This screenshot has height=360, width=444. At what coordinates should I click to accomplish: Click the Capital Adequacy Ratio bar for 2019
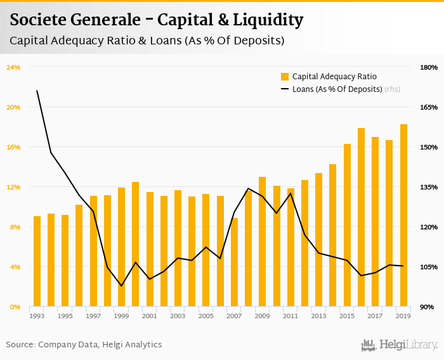(x=403, y=215)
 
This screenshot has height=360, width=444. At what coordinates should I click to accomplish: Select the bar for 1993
(x=37, y=261)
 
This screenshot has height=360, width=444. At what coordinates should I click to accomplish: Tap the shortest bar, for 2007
(x=234, y=262)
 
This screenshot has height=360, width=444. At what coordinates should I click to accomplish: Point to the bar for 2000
(x=135, y=244)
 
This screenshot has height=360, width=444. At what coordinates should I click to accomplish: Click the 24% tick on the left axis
(x=14, y=67)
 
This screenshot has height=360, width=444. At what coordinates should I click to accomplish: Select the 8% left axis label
(x=14, y=227)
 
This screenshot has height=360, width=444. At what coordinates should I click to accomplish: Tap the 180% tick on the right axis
(x=429, y=67)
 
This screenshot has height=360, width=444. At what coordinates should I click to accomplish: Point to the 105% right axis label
(x=429, y=267)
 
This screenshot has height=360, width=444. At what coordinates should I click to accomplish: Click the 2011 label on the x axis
(x=291, y=316)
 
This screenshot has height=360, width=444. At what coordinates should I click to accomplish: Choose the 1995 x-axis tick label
(x=65, y=316)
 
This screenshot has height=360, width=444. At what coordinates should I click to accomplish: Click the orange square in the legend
(x=285, y=77)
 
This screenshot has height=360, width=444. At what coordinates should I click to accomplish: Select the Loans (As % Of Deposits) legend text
(x=337, y=89)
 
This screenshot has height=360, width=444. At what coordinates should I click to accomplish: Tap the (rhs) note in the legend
(x=393, y=89)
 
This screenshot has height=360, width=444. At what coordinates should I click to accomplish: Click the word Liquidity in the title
(x=266, y=20)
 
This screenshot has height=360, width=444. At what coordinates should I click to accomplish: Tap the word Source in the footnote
(x=21, y=345)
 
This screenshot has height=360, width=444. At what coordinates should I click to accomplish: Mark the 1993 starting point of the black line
(x=37, y=91)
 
